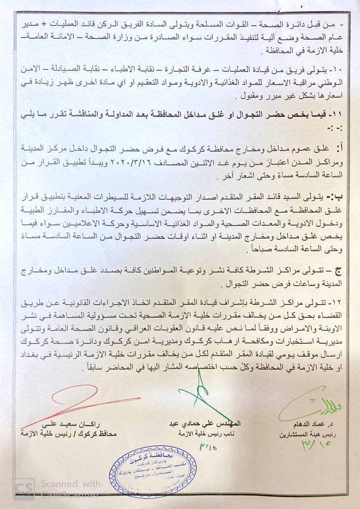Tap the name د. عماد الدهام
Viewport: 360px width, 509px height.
click(316, 424)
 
